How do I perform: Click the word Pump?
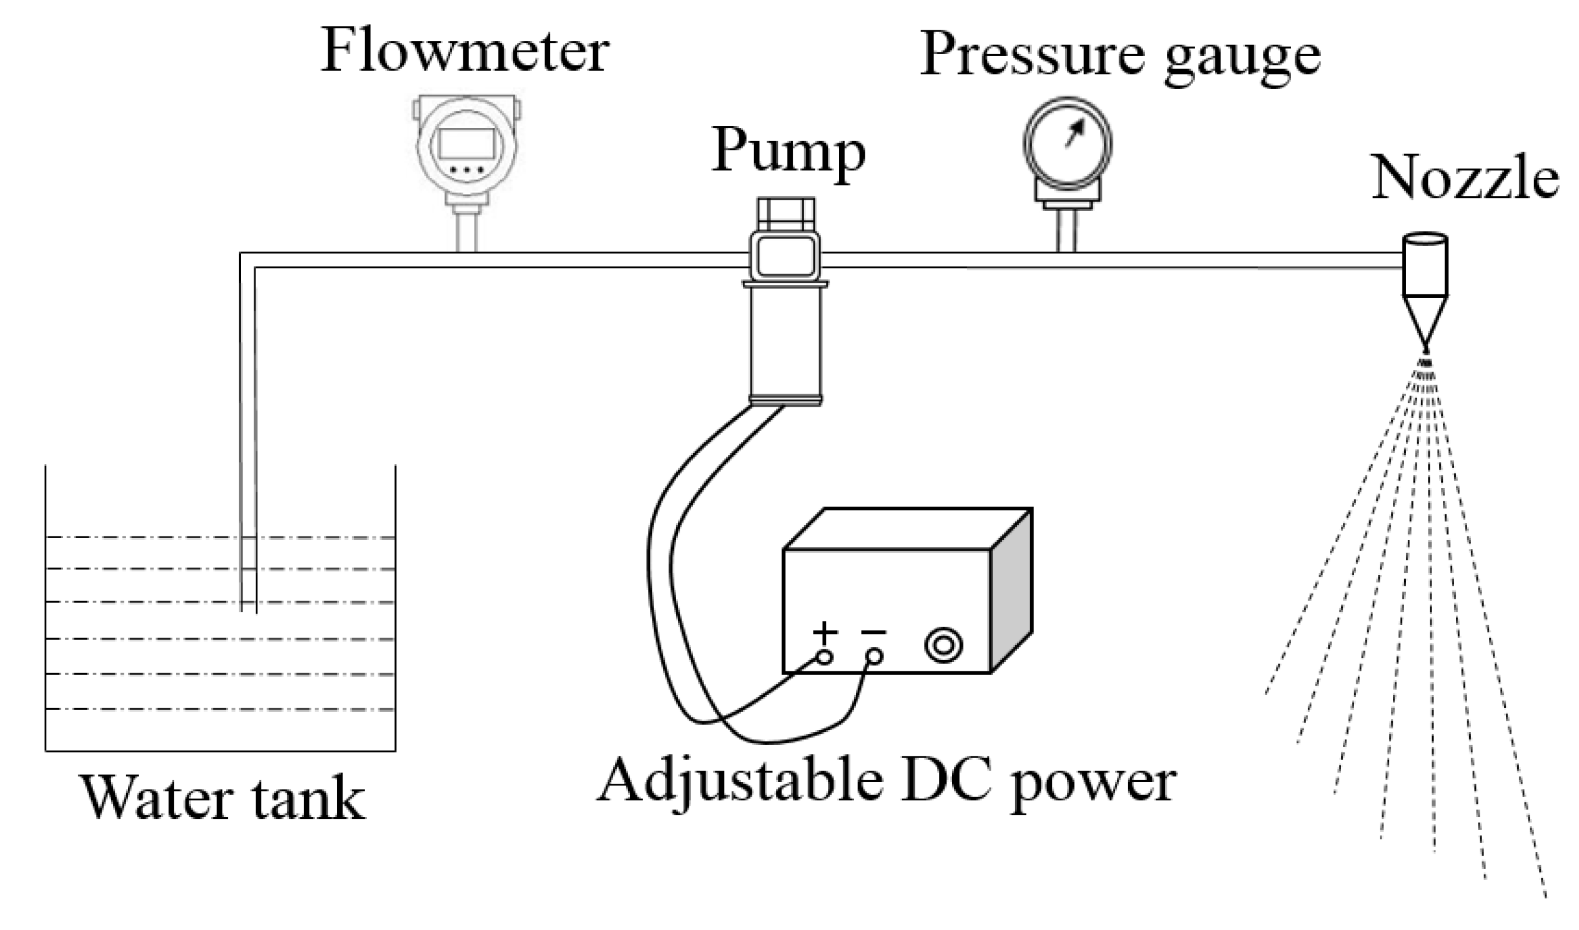[x=787, y=152]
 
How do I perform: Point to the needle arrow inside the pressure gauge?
[x=1075, y=133]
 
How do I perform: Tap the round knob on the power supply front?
[x=944, y=646]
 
